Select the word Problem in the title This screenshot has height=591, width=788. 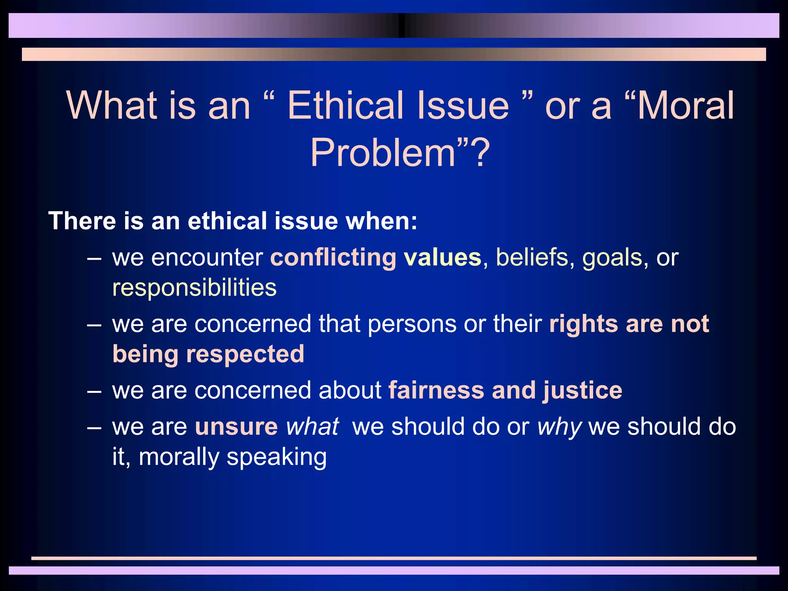pos(383,153)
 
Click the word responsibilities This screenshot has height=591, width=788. pos(194,288)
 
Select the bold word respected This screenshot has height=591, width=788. pos(245,354)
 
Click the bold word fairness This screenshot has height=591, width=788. pos(436,390)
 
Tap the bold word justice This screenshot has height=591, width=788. pos(583,391)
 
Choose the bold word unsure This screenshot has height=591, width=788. pos(236,427)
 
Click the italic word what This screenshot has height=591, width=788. pos(312,427)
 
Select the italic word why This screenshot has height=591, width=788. pos(559,427)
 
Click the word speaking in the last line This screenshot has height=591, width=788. pos(277,457)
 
